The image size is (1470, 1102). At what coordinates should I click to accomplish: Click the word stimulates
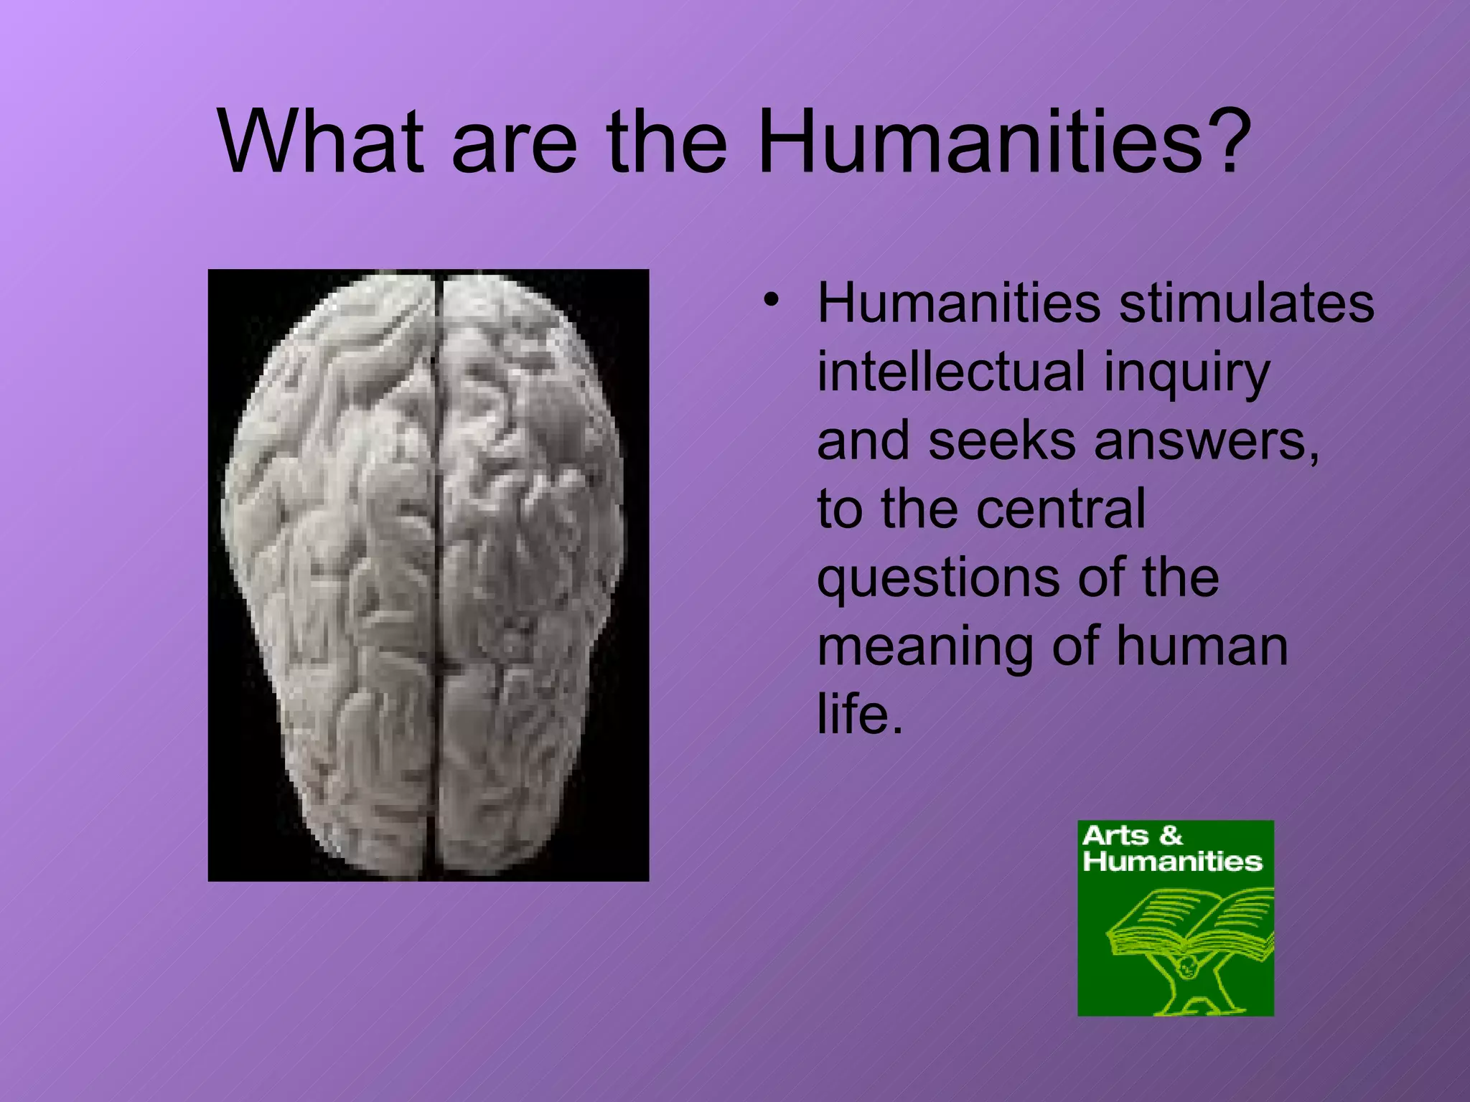tap(1247, 303)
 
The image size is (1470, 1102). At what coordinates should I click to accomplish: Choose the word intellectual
tap(951, 372)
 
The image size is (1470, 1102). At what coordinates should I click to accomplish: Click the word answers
tap(1206, 442)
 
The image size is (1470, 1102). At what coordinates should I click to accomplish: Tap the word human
tap(1202, 646)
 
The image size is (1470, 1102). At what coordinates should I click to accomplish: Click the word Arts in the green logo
tap(1115, 836)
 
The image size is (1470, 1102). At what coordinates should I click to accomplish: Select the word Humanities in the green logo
tap(1172, 862)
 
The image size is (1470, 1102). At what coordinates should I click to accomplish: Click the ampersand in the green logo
tap(1171, 836)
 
